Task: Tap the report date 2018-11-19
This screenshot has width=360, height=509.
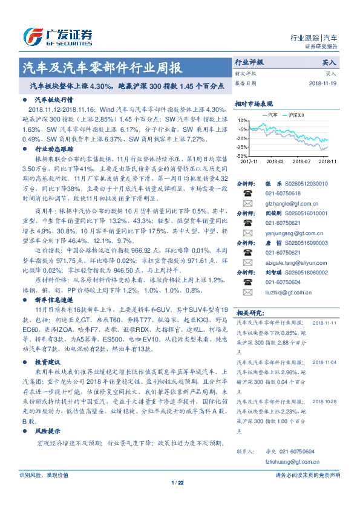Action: pyautogui.click(x=322, y=83)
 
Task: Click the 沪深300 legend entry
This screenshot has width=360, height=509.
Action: pyautogui.click(x=296, y=114)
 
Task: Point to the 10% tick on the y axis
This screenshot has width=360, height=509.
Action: pyautogui.click(x=243, y=121)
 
